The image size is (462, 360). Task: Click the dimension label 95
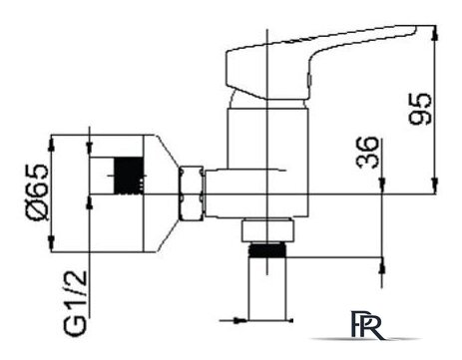(420, 109)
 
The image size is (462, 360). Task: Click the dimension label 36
(367, 153)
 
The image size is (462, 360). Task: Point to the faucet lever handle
(319, 63)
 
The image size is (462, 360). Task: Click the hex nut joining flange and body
(192, 193)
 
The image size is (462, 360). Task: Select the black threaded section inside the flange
(129, 176)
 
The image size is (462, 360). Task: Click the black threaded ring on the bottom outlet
(267, 250)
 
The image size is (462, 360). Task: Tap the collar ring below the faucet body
(267, 229)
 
